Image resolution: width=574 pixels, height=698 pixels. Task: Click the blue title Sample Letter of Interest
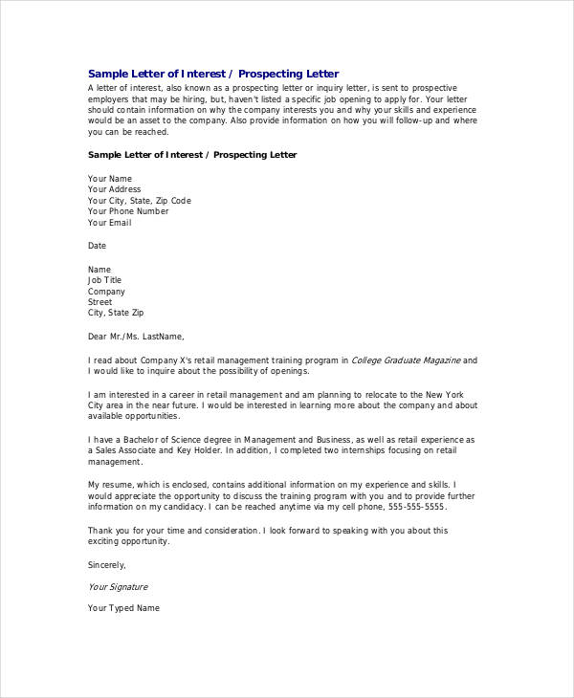click(x=212, y=74)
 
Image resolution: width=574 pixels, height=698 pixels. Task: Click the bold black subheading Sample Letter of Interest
click(x=192, y=154)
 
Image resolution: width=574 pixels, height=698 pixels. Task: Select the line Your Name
click(x=110, y=179)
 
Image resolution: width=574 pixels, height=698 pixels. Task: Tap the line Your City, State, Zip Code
click(x=140, y=201)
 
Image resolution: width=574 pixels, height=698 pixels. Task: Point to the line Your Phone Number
click(x=128, y=211)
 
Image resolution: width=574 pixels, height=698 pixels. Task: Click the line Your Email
click(x=110, y=223)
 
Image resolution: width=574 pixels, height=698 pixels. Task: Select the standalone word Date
click(x=98, y=246)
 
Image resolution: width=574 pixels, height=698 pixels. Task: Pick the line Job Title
click(x=105, y=280)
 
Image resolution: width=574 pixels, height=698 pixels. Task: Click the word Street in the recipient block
click(x=100, y=302)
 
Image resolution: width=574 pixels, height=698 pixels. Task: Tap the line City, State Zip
click(x=117, y=313)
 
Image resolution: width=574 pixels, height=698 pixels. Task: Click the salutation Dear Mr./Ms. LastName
click(x=135, y=336)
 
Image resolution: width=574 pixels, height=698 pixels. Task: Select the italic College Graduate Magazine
click(x=406, y=360)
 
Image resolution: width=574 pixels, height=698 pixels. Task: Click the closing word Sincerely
click(x=107, y=564)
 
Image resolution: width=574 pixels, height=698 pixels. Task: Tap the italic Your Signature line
click(x=118, y=587)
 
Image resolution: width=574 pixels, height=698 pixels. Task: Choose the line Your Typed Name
click(x=123, y=608)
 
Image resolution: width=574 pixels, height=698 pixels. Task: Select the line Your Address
click(x=115, y=189)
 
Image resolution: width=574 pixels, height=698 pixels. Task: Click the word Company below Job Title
click(x=106, y=292)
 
